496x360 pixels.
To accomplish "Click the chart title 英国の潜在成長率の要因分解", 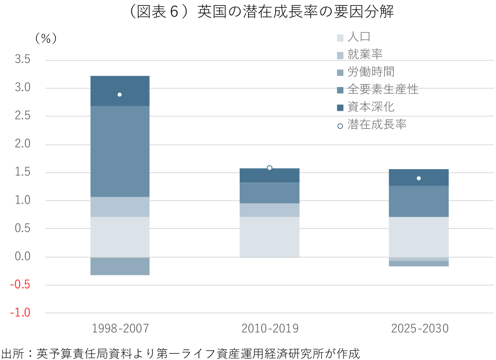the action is pos(296,12).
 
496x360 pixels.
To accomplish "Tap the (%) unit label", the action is pos(46,38).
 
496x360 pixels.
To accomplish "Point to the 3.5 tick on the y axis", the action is pos(23,59).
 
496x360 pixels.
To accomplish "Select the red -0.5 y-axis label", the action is pos(20,284).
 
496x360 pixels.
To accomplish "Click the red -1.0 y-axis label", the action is pos(20,313).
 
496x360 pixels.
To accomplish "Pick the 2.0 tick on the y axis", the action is pos(23,144).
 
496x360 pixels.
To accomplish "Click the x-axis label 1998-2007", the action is pos(120,329).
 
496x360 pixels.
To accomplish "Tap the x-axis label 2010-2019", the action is pos(270,329).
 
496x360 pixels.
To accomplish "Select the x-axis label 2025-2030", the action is pos(420,329).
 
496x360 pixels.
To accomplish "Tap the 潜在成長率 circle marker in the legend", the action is pos(340,126).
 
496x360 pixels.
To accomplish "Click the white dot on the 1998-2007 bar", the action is pos(120,94).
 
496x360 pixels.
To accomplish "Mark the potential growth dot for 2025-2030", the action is pos(419,178).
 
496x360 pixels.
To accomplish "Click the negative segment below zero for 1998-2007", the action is pos(120,266).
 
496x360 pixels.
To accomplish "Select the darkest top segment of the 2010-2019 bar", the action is pos(270,176).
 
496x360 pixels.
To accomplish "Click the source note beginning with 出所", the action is pos(181,354).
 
